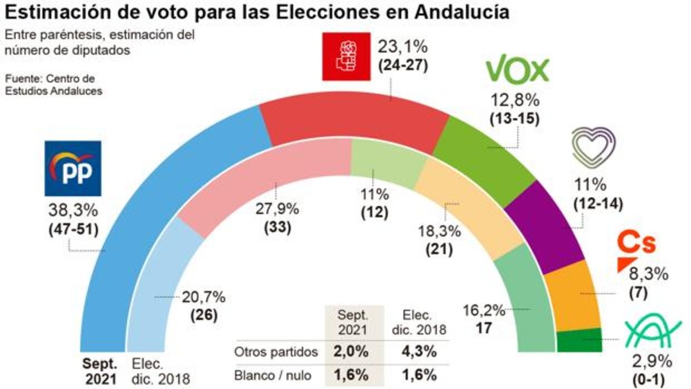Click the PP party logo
click(x=73, y=168)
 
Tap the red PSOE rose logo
click(x=346, y=56)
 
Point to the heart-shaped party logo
click(x=594, y=148)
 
